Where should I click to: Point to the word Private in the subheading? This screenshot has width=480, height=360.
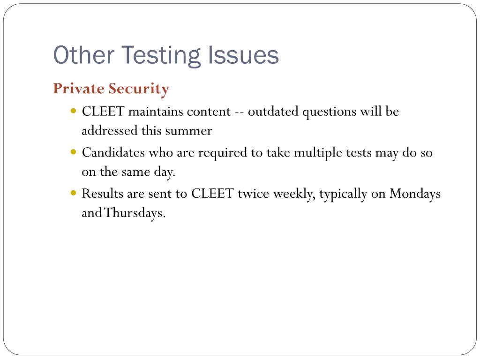pos(79,88)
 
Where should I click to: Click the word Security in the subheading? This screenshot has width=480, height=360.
pos(139,88)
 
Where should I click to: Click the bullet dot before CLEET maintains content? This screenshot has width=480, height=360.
pos(74,112)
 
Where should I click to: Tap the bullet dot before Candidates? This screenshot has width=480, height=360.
pos(74,152)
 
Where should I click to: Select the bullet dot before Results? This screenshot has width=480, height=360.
pos(74,193)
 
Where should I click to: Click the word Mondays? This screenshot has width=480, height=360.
pos(415,194)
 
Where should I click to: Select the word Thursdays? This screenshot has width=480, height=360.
pos(135,213)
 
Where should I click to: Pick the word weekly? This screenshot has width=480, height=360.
pos(294,194)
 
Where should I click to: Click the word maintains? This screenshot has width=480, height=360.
pos(155,112)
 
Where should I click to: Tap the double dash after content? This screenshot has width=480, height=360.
pos(239,112)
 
